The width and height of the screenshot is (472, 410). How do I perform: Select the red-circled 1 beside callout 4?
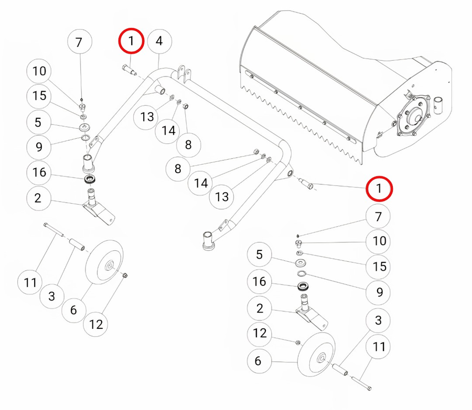click(x=131, y=40)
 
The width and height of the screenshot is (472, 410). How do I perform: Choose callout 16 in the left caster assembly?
click(x=39, y=172)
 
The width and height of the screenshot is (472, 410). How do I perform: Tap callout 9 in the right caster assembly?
click(x=379, y=292)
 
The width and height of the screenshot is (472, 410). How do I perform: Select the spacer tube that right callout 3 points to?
click(x=339, y=370)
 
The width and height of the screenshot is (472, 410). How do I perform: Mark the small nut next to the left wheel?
click(x=125, y=275)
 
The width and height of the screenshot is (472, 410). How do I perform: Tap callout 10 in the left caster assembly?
click(x=39, y=71)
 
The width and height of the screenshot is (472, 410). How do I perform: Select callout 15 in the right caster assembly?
click(x=379, y=266)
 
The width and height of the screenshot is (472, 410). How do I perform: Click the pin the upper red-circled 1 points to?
click(x=129, y=70)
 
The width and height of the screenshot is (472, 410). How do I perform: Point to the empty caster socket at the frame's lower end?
click(x=208, y=242)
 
